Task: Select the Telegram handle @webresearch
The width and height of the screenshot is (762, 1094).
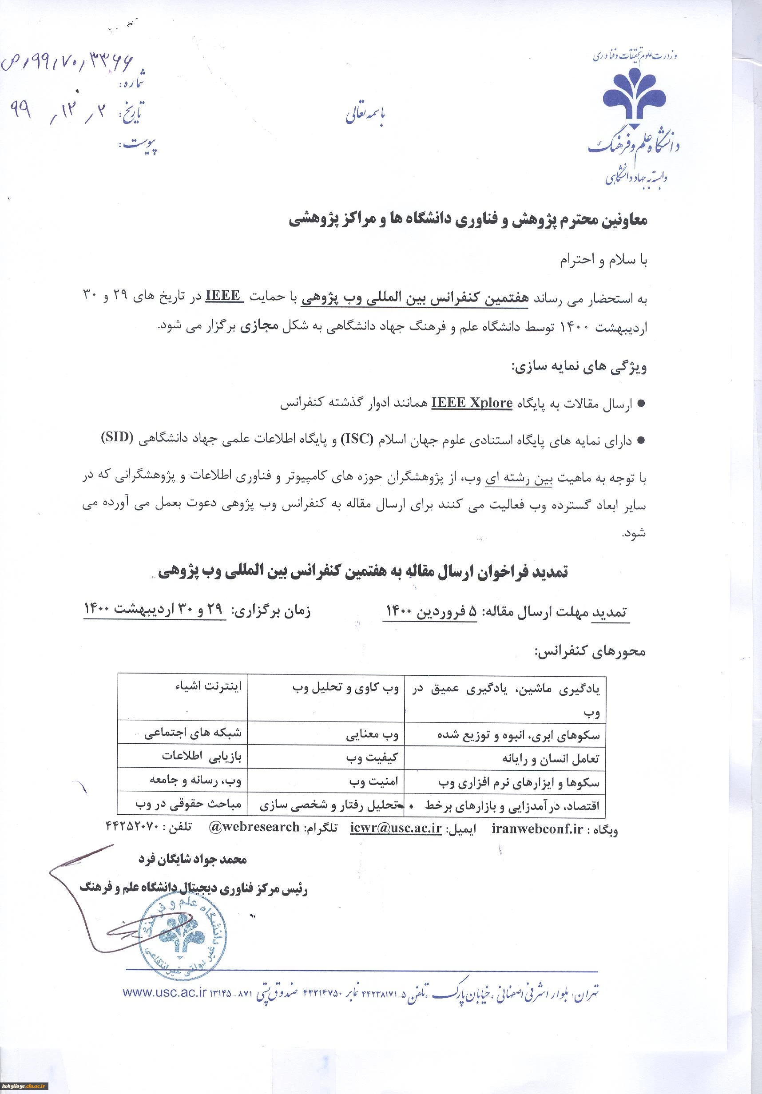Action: click(x=254, y=827)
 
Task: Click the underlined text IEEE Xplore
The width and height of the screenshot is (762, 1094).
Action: click(x=472, y=404)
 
